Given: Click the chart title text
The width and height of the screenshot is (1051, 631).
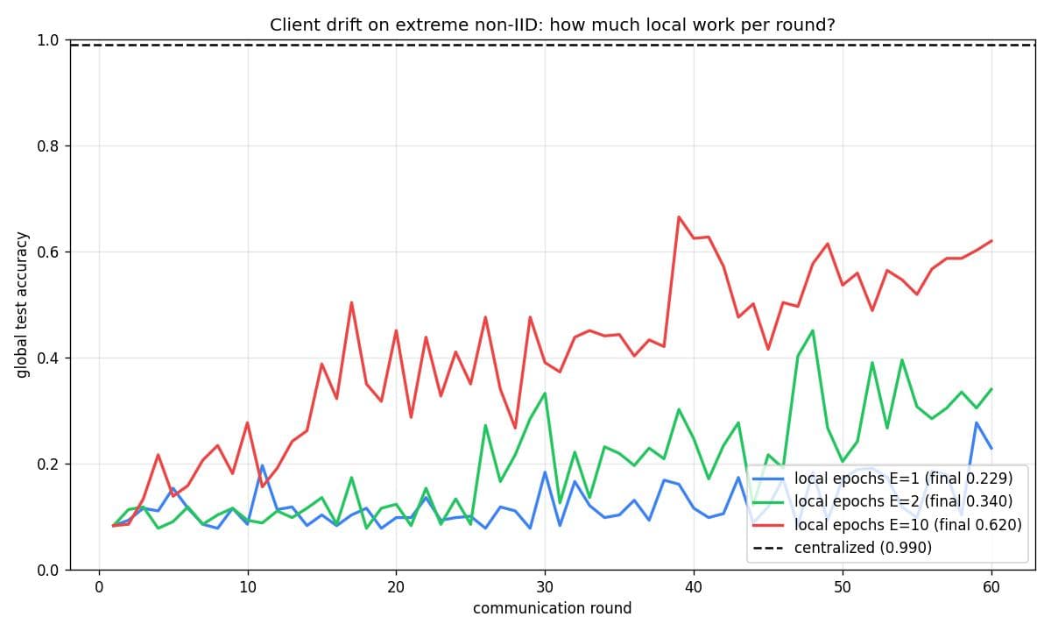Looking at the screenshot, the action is coord(553,25).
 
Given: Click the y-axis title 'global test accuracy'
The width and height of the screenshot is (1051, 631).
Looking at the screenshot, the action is coord(22,305).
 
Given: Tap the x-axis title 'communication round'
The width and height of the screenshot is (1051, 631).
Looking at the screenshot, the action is coord(553,608).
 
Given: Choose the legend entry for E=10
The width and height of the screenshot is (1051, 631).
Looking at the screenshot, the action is coord(886,524).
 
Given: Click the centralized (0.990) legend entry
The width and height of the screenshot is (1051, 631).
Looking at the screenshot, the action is coord(843,548).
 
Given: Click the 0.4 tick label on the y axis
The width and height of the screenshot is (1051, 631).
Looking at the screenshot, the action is coord(47,358).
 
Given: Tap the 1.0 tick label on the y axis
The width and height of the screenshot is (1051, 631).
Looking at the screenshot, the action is coord(47,40).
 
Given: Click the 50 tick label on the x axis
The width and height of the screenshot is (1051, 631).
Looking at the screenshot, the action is coord(843,587).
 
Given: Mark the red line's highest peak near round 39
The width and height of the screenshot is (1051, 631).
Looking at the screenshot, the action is coord(679,216).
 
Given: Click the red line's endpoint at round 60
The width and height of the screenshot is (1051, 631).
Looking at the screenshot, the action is coord(991,241).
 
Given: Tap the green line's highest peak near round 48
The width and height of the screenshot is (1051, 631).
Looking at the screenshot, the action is coord(813,330).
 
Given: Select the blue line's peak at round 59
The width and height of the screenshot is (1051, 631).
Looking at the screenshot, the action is coord(977,422).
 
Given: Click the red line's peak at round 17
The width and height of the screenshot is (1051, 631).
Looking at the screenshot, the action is coord(351,302).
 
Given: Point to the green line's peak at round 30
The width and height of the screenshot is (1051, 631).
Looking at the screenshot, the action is coord(545,393).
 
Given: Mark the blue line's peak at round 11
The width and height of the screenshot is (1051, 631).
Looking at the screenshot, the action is coord(262,465).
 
